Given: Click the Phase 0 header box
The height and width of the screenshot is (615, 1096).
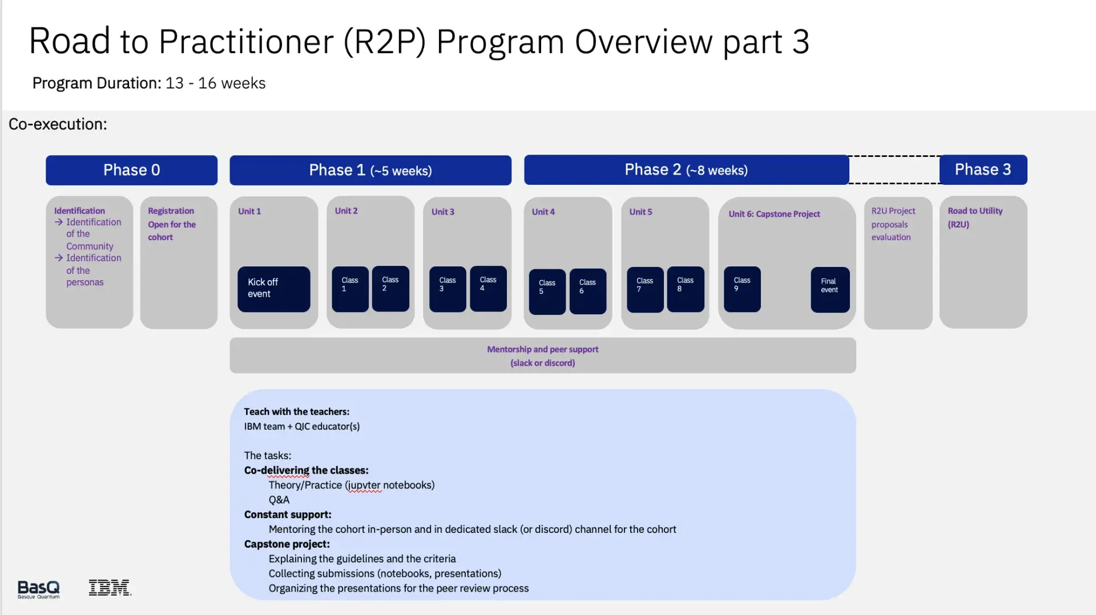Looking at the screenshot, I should pyautogui.click(x=131, y=170).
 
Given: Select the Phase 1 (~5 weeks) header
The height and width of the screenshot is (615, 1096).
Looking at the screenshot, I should pyautogui.click(x=370, y=170).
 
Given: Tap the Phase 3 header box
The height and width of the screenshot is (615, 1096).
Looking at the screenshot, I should pyautogui.click(x=982, y=169).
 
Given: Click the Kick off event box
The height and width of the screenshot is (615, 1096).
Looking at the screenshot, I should pyautogui.click(x=273, y=289).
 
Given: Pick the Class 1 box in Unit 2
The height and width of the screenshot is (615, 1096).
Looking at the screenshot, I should pyautogui.click(x=350, y=289).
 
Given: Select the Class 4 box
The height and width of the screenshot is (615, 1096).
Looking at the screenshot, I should pyautogui.click(x=488, y=288).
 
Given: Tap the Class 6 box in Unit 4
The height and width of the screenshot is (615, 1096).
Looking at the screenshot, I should pyautogui.click(x=587, y=291).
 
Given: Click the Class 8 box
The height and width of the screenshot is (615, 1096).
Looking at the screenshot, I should pyautogui.click(x=685, y=289).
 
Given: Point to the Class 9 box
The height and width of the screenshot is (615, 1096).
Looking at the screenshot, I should pyautogui.click(x=742, y=289).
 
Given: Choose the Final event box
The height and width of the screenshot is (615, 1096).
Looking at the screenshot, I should pyautogui.click(x=829, y=289).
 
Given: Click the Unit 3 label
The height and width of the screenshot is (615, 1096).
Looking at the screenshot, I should pyautogui.click(x=442, y=212).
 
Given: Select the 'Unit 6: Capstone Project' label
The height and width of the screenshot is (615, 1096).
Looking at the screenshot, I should pyautogui.click(x=773, y=214).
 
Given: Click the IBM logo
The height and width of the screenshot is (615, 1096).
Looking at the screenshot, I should pyautogui.click(x=110, y=588).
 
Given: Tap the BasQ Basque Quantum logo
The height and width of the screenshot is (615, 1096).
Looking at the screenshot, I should pyautogui.click(x=38, y=589).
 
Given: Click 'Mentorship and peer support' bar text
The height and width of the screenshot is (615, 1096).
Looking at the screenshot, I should pyautogui.click(x=542, y=349).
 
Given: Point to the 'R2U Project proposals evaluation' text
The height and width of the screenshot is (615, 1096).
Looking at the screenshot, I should pyautogui.click(x=893, y=224).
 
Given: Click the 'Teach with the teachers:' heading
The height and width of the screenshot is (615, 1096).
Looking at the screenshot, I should pyautogui.click(x=296, y=411).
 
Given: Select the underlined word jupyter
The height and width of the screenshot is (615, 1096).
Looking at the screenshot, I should pyautogui.click(x=364, y=485).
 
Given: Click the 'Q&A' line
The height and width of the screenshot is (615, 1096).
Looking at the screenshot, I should pyautogui.click(x=279, y=500).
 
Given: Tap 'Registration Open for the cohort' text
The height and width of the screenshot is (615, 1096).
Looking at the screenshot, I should pyautogui.click(x=171, y=224).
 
